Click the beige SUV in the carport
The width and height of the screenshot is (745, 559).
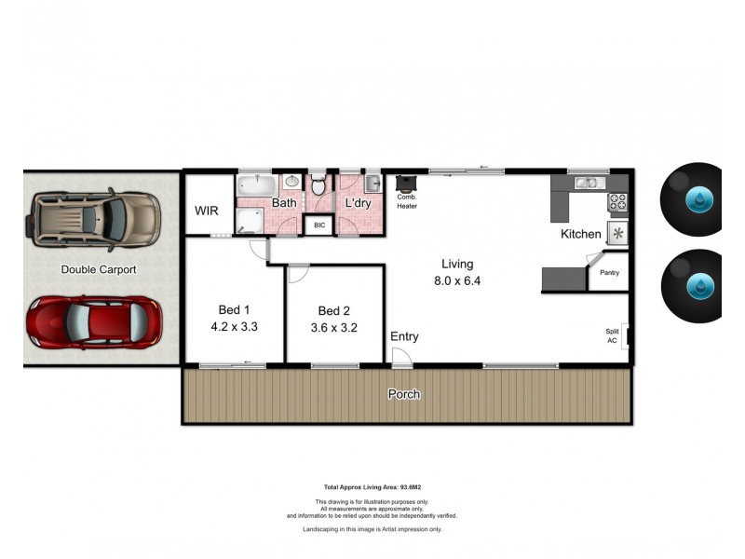[96, 219]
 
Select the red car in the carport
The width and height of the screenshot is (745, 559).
[93, 322]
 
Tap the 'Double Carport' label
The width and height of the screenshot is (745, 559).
[99, 270]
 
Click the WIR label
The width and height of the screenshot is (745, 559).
[206, 211]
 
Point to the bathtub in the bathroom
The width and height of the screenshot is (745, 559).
[254, 184]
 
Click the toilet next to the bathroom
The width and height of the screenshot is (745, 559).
[318, 184]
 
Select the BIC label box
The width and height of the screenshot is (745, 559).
[318, 225]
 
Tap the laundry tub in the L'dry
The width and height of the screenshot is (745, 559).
[372, 182]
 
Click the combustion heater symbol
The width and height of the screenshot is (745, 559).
[406, 184]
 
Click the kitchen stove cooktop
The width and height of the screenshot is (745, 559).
[618, 200]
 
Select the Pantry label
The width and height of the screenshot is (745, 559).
[609, 273]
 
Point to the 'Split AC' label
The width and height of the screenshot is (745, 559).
[612, 336]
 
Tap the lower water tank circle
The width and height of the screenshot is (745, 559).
[697, 284]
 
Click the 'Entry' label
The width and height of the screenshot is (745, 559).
[404, 336]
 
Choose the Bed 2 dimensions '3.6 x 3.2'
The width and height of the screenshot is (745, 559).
[333, 327]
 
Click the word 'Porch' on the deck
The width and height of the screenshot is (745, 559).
[404, 394]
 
